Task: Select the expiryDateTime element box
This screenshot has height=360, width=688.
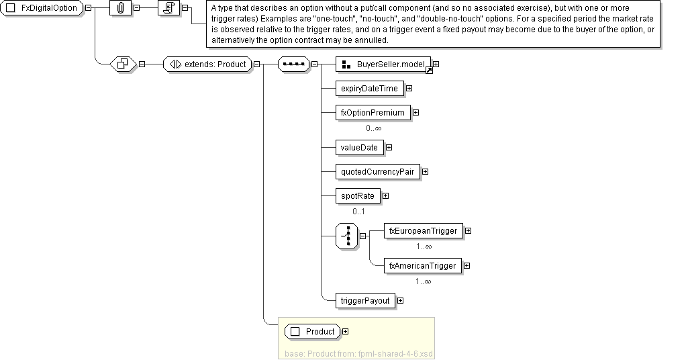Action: point(368,89)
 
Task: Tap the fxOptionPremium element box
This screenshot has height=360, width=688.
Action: point(373,113)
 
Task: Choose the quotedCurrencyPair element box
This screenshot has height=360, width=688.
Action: point(377,172)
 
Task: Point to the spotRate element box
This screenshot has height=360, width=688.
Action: point(357,196)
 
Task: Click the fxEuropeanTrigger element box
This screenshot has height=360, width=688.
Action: point(423,231)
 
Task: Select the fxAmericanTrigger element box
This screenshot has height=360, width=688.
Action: point(422,266)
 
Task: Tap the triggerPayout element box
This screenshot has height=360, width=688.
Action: point(365,301)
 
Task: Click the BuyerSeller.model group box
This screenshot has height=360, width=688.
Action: point(383,64)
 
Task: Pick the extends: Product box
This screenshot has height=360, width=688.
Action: point(207,64)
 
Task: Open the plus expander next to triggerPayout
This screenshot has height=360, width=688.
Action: point(400,301)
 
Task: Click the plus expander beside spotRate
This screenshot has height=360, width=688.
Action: point(385,196)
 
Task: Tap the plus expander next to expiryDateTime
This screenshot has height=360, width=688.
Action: point(408,89)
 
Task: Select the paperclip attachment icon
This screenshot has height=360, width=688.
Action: point(120,7)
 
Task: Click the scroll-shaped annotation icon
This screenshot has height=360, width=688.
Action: point(168,7)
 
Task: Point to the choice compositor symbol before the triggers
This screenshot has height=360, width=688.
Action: point(346,236)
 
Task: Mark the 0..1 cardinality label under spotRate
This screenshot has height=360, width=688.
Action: point(358,212)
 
